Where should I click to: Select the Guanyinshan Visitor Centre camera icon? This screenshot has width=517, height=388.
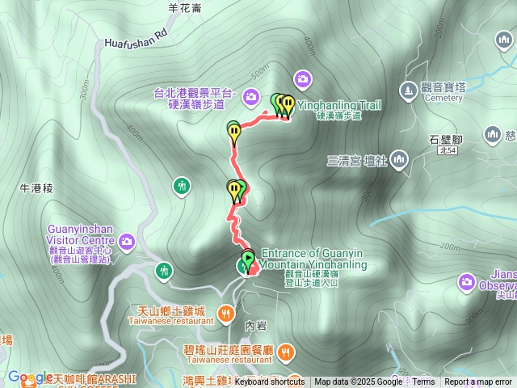pyautogui.click(x=127, y=241)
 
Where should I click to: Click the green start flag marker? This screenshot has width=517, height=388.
pyautogui.click(x=247, y=259)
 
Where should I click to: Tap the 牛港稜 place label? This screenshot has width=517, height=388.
pyautogui.click(x=36, y=188)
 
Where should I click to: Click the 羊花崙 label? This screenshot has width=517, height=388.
pyautogui.click(x=185, y=7)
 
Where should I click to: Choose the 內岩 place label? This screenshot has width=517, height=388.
pyautogui.click(x=255, y=325)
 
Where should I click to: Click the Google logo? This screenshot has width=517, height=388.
pyautogui.click(x=30, y=377)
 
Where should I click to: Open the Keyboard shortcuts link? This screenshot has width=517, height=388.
pyautogui.click(x=269, y=382)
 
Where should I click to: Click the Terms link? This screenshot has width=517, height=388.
pyautogui.click(x=423, y=382)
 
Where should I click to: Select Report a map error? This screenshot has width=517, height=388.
pyautogui.click(x=478, y=382)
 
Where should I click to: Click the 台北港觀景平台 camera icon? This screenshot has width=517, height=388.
pyautogui.click(x=251, y=97)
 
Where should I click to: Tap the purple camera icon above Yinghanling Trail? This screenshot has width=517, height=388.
pyautogui.click(x=303, y=78)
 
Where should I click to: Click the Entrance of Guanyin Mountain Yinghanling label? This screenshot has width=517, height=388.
pyautogui.click(x=314, y=259)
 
